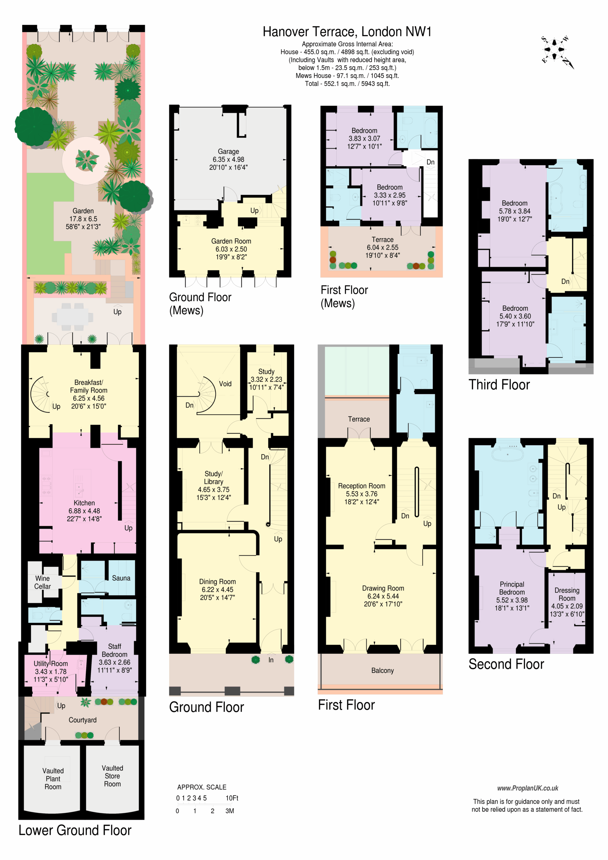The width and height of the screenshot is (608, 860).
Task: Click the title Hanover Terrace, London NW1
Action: pos(347,32)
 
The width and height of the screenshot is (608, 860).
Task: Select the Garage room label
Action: pos(228,151)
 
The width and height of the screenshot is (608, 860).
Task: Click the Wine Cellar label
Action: pos(42,582)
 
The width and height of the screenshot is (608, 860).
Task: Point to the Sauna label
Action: pos(121,578)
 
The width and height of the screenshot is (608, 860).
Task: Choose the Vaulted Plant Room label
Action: pos(53,779)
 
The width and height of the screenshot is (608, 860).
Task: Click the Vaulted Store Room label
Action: pos(112,776)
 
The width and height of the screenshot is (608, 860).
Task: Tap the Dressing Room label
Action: pos(567,594)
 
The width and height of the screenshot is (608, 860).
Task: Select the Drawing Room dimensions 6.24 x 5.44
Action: pos(383,596)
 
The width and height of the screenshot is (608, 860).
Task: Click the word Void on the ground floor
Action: pos(225,384)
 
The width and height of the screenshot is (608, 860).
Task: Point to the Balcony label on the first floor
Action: pos(382,671)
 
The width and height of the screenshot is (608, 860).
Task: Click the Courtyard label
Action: pos(82,720)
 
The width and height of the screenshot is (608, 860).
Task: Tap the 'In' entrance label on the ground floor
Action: pos(271,660)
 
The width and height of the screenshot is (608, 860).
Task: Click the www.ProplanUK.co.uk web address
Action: pos(527,788)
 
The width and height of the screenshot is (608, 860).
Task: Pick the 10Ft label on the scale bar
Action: pos(232,798)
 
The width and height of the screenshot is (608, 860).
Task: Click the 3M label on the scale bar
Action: pos(230,811)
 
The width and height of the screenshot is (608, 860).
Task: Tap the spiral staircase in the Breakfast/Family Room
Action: pos(40,394)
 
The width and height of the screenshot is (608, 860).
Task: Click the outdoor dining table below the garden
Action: pos(73,317)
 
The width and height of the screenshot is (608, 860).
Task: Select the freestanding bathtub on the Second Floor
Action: pos(508,454)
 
